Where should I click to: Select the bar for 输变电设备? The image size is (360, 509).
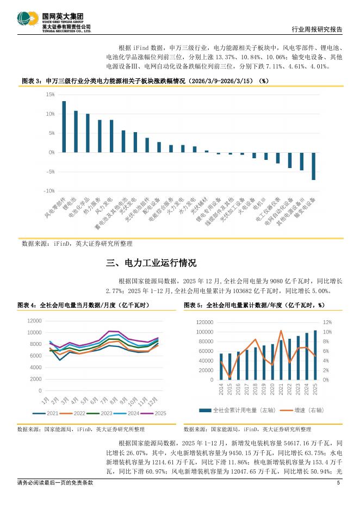(x=313, y=166)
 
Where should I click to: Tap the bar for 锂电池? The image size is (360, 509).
(x=76, y=132)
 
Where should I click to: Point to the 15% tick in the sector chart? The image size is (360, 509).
(x=50, y=95)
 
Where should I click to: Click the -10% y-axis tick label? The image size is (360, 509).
(x=49, y=191)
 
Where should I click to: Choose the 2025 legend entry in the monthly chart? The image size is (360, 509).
(x=157, y=413)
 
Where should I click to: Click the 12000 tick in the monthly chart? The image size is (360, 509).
(x=34, y=321)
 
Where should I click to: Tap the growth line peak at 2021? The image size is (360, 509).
(x=281, y=331)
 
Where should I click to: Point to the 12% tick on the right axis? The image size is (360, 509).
(x=328, y=322)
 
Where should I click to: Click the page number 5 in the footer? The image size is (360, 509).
(x=338, y=483)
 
